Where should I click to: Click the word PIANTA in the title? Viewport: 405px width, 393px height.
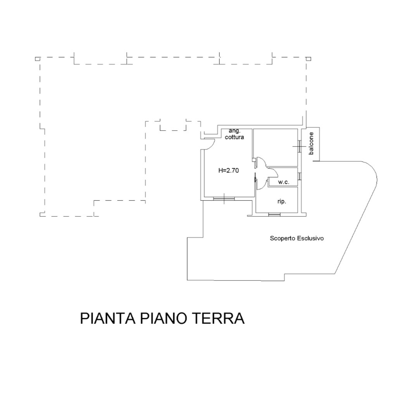(108, 318)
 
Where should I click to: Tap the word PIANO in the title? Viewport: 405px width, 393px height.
(164, 318)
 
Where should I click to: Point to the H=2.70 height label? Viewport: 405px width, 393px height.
(229, 170)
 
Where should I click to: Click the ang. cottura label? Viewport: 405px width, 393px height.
(234, 134)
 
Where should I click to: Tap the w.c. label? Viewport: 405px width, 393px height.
(284, 182)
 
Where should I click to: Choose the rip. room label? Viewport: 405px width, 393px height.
(282, 201)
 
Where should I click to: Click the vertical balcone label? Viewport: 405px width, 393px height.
(311, 143)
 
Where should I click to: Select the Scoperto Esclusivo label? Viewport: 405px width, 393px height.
(297, 238)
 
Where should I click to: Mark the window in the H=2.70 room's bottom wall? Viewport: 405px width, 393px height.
(224, 198)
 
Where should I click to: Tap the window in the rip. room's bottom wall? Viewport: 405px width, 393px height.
(274, 214)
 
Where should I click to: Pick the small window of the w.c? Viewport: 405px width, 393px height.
(299, 176)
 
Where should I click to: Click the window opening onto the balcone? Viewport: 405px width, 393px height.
(299, 146)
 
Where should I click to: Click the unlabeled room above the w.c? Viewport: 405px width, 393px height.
(275, 148)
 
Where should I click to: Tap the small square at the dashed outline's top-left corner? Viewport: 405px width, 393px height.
(38, 59)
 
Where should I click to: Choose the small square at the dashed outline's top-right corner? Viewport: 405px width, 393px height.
(308, 59)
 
